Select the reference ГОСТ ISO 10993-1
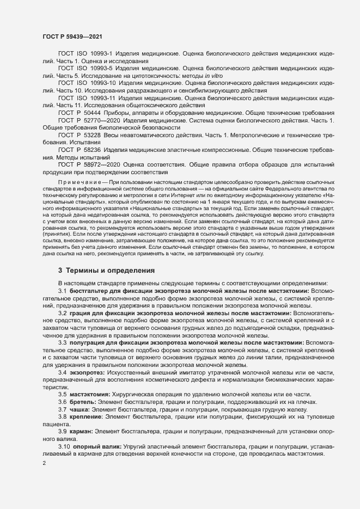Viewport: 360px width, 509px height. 85,55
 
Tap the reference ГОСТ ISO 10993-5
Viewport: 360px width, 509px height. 85,69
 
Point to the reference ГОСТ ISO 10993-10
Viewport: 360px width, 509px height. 87,83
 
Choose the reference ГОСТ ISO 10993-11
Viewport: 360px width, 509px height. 87,97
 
